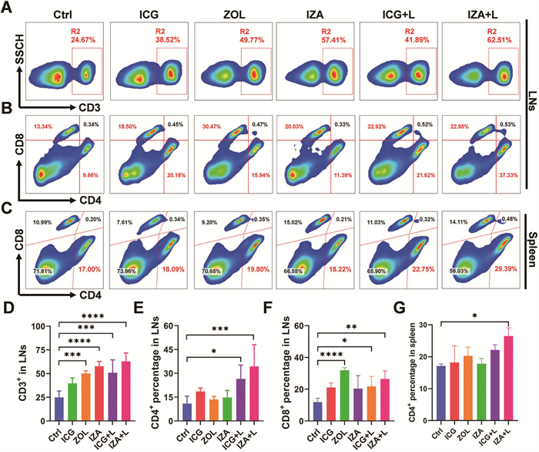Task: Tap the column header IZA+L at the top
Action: (484, 15)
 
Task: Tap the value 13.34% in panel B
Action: (44, 125)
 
